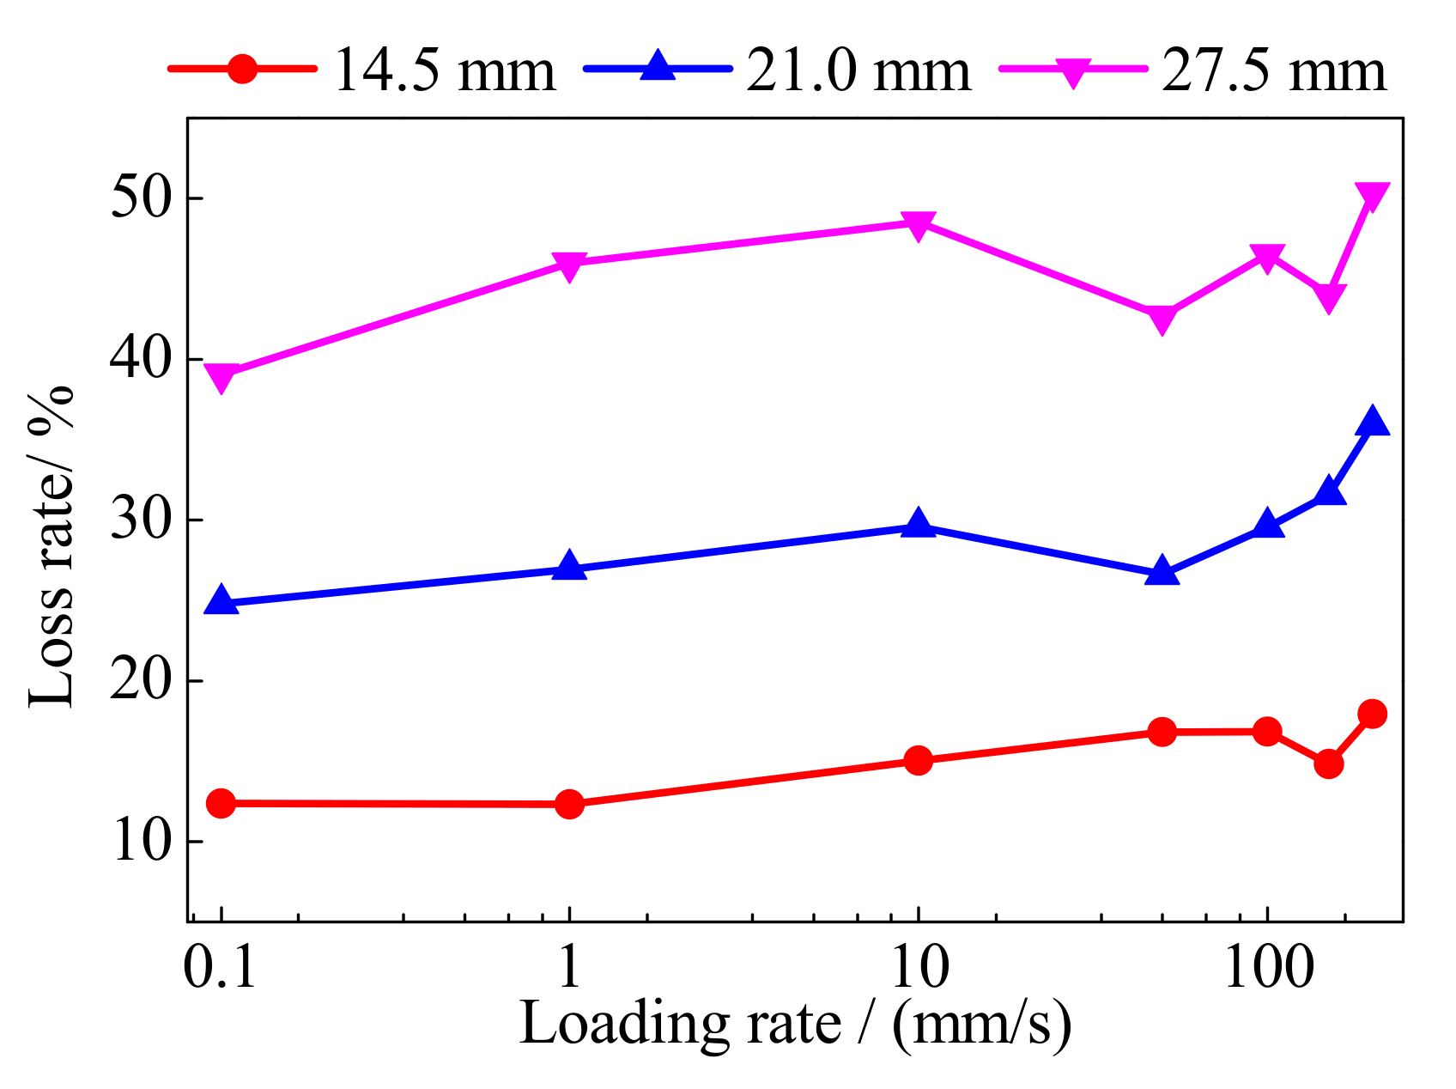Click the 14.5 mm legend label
coord(444,70)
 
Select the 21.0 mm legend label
coord(858,70)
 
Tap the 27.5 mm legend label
coord(1274,70)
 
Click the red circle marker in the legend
coord(243,69)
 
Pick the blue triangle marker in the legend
coord(658,67)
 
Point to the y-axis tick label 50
coord(141,198)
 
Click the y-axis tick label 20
coord(141,681)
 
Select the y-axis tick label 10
coord(141,842)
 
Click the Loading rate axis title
coord(795,1024)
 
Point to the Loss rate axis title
coord(52,547)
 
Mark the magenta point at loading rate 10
coord(919,225)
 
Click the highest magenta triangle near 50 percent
coord(1372,197)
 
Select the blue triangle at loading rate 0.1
coord(221,601)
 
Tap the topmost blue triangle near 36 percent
coord(1372,422)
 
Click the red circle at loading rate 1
coord(569,804)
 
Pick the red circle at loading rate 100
coord(1267,732)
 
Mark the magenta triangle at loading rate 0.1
coord(221,377)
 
